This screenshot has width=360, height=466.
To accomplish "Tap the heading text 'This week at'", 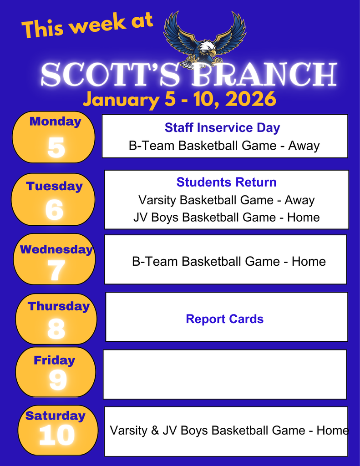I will pos(87,25).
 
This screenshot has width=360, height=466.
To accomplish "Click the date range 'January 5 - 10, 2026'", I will pos(179,99).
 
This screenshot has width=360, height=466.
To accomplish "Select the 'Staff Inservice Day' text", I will pos(222,127).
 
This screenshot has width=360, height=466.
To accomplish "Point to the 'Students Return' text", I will pos(226,182).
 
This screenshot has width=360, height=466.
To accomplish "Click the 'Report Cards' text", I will pos(224,319).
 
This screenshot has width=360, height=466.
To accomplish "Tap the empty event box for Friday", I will pos(225,374).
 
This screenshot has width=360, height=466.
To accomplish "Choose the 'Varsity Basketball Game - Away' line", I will pos(226,200).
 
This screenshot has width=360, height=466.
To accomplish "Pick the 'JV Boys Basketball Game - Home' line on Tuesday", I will pos(226,218).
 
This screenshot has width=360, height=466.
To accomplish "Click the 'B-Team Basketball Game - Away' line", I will pos(224,146).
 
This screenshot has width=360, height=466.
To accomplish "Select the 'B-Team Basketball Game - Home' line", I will pos(228,261).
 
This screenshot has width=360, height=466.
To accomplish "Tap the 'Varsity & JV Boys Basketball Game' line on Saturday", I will pos(229,430).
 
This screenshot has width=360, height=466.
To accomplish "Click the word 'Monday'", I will pos(55,122).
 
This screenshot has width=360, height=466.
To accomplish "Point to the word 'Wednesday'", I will pos(56,249).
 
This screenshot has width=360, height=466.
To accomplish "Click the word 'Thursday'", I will pos(58,306).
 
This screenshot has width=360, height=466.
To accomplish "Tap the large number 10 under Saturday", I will pos(56,436).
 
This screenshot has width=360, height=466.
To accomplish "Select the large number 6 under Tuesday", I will pos(55,210).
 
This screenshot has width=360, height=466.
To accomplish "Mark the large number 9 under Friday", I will pos(57,380).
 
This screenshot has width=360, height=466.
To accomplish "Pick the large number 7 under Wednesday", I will pos(56,271).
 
